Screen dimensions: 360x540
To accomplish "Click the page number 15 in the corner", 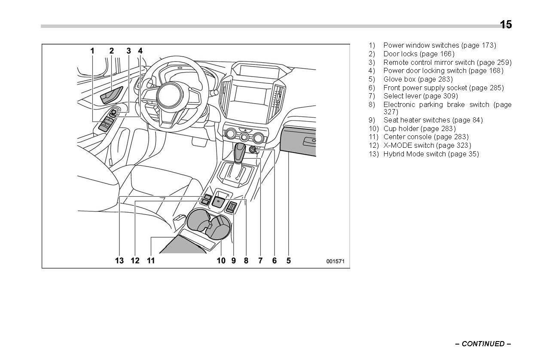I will (x=506, y=25).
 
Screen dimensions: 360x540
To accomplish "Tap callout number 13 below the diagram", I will (x=119, y=260).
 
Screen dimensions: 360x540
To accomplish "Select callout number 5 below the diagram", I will (x=289, y=260).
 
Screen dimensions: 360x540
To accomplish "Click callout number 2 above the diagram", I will (x=112, y=51).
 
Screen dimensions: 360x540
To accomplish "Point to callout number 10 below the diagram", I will (x=221, y=260).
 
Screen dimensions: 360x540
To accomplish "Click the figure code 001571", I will (x=335, y=261).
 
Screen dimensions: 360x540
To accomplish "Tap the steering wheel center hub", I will (x=171, y=94).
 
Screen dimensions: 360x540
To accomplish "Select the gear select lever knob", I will (x=239, y=152).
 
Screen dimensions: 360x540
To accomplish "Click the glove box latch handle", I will (x=309, y=141).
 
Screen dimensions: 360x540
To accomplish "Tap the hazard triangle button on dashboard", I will (x=245, y=129).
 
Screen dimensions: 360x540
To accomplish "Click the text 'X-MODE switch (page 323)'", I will (x=427, y=145).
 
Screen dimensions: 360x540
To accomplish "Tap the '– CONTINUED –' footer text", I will (x=483, y=344).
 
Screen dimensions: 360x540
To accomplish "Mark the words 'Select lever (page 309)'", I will (x=420, y=96).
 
